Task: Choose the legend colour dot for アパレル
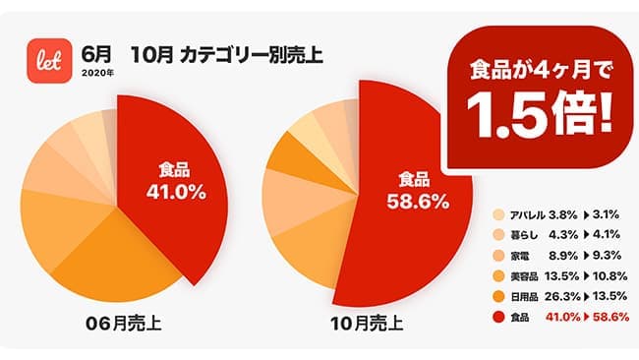(x=498, y=213)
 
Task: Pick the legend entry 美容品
(x=531, y=276)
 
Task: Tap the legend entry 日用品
(x=531, y=297)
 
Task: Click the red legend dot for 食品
(x=498, y=318)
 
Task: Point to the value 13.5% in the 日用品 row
(x=609, y=297)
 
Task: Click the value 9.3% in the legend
(x=607, y=256)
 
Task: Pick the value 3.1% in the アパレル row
(x=607, y=213)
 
